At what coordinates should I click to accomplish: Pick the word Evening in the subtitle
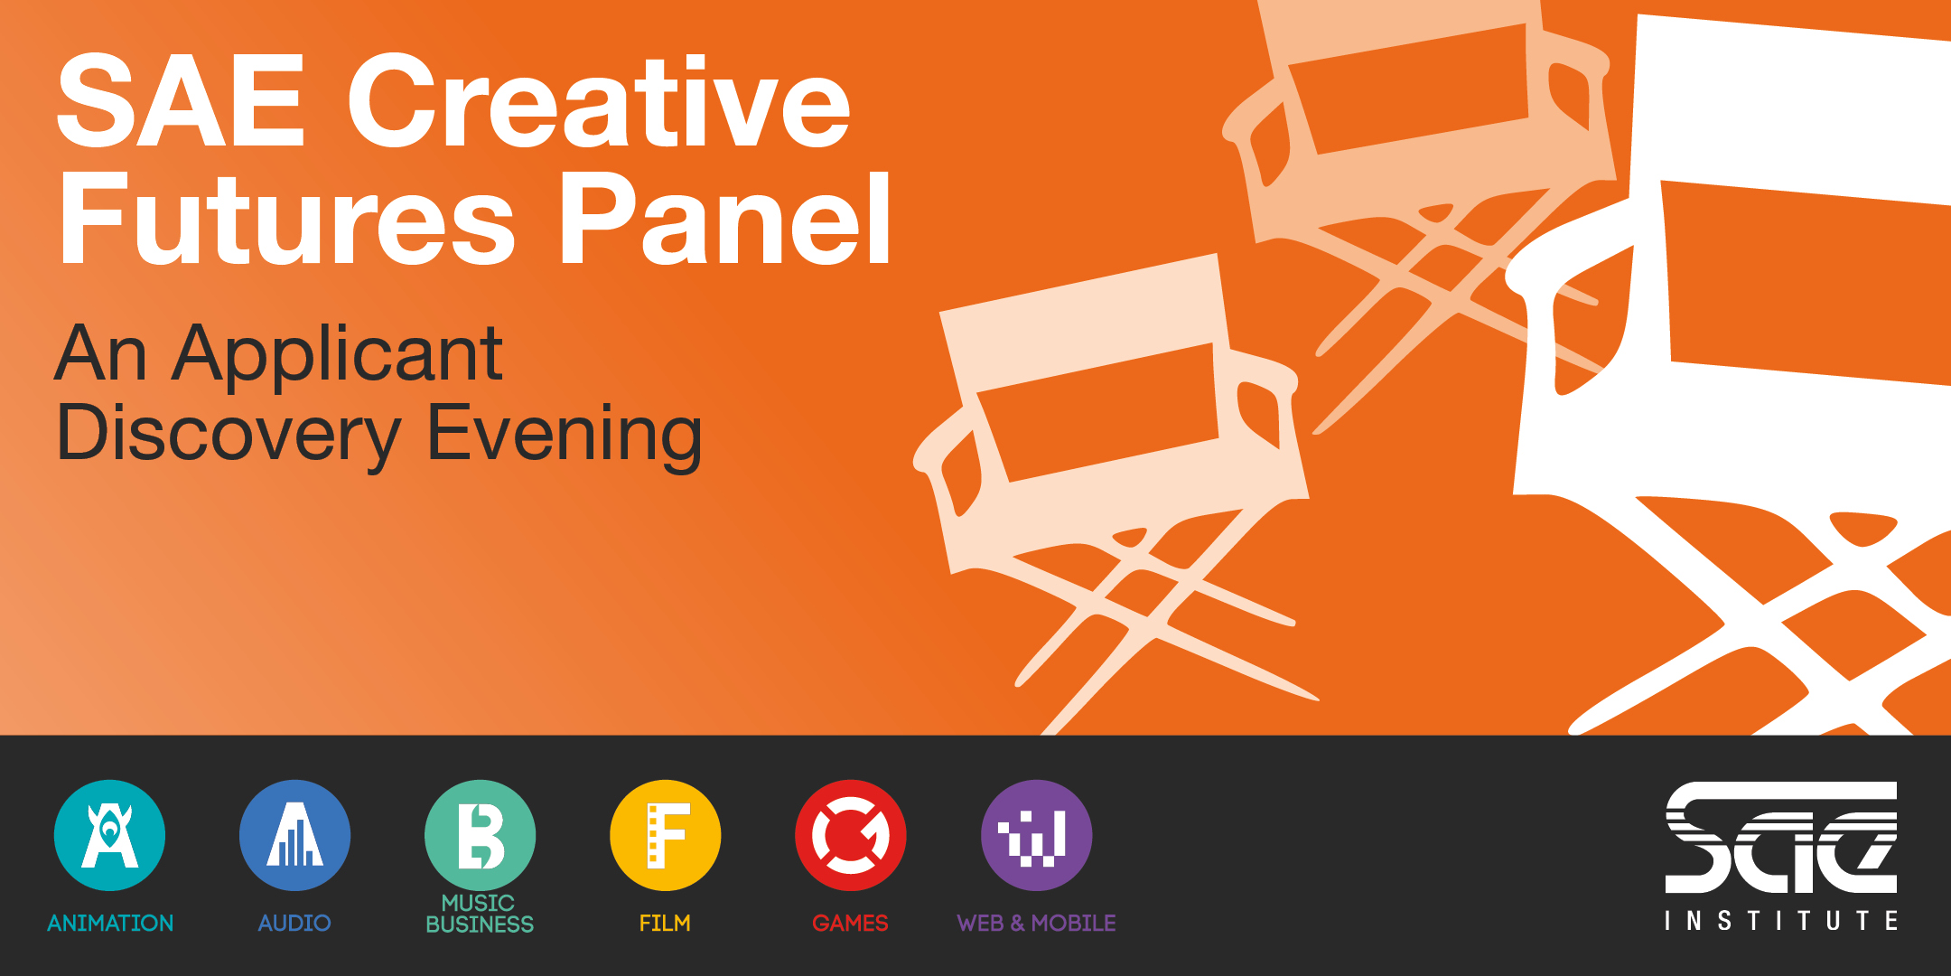tap(565, 437)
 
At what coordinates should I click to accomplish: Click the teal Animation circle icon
tap(109, 835)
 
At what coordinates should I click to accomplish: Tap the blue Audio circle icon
tap(294, 835)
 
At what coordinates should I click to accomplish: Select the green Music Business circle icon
tap(480, 835)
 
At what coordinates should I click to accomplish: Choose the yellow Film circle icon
tap(666, 835)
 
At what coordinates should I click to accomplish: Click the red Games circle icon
tap(851, 835)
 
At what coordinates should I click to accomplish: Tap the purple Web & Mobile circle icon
tap(1036, 835)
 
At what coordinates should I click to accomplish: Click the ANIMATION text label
tap(110, 923)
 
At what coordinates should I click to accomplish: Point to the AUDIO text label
tap(294, 923)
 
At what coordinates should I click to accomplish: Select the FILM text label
tap(665, 923)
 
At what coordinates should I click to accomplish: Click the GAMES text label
tap(850, 923)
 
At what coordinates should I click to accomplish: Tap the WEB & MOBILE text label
tap(1036, 923)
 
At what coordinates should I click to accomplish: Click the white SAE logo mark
tap(1781, 838)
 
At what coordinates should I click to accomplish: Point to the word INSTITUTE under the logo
tap(1781, 921)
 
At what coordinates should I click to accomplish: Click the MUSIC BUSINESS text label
tap(480, 914)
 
